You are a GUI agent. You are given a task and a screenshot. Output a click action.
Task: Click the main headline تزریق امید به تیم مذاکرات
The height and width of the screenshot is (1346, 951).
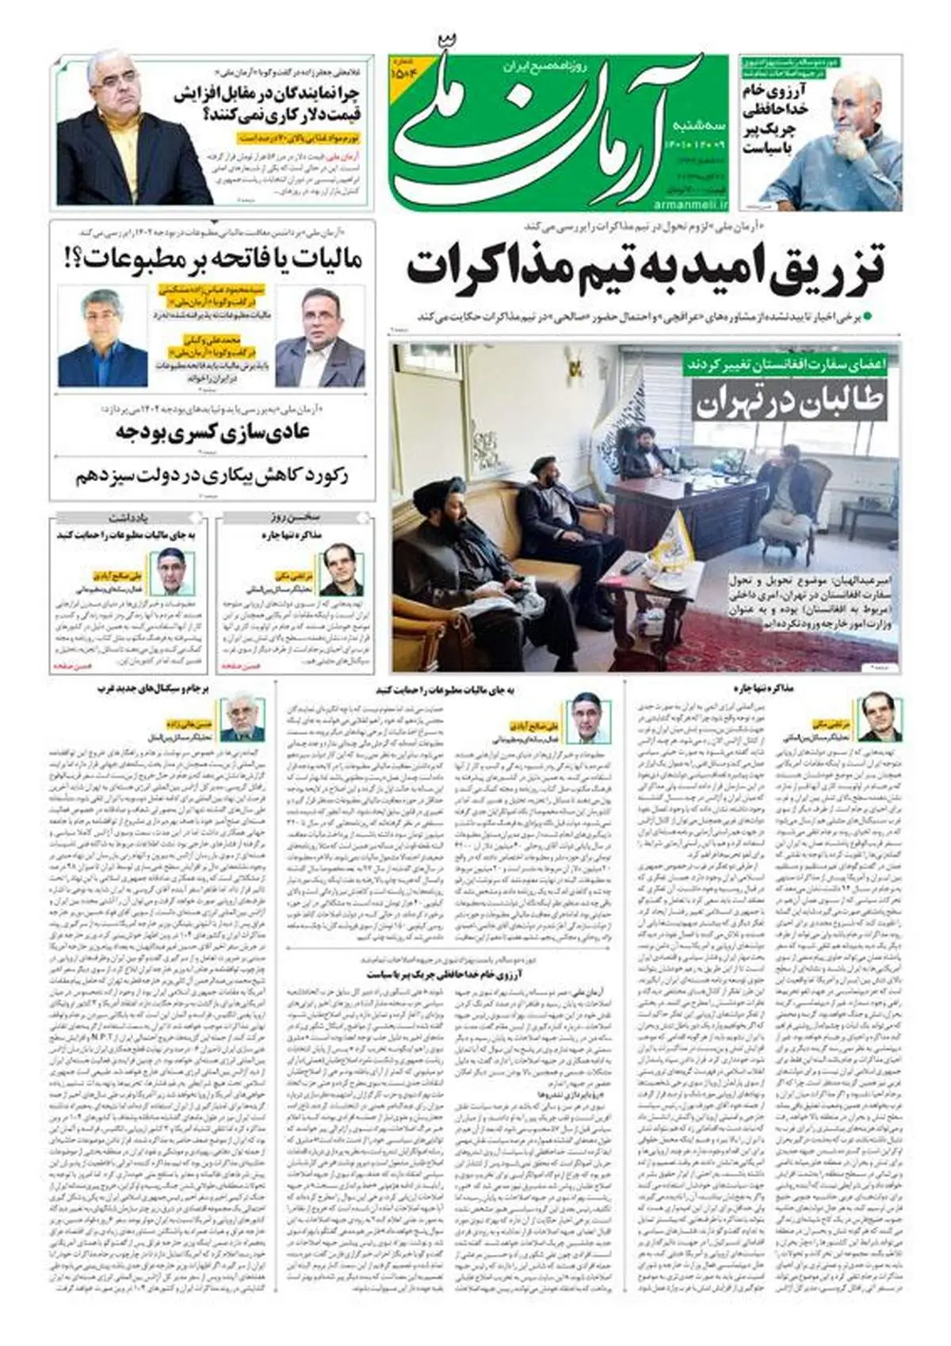click(x=645, y=268)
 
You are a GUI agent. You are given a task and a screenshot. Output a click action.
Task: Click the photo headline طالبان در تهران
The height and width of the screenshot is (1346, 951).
click(x=789, y=401)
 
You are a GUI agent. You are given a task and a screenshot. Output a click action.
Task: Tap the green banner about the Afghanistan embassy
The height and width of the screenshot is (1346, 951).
click(x=790, y=364)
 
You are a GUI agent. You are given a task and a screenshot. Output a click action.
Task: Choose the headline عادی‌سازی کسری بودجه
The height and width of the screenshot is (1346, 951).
click(x=212, y=433)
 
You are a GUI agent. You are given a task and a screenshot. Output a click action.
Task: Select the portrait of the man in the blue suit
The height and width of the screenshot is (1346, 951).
click(x=103, y=337)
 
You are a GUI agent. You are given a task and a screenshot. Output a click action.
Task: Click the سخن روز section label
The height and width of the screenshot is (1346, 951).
click(x=295, y=518)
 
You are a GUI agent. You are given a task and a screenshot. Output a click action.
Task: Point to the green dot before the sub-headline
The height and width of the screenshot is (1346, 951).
click(x=869, y=316)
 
